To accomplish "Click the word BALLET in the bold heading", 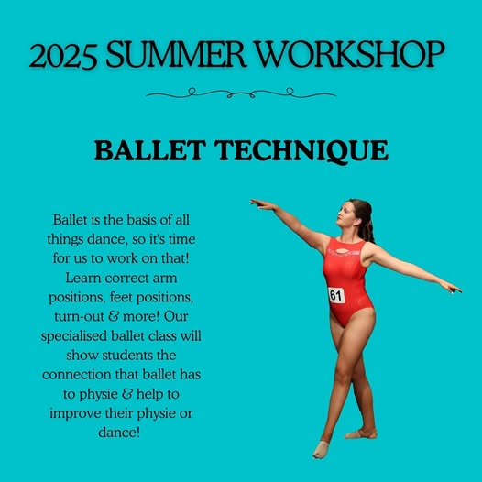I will pos(148,151).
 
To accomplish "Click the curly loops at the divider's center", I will pos(239,93).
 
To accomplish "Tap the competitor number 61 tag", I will pos(336,295).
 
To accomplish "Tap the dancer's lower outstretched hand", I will pos(451,288).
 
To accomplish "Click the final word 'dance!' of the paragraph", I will pos(122,430).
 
